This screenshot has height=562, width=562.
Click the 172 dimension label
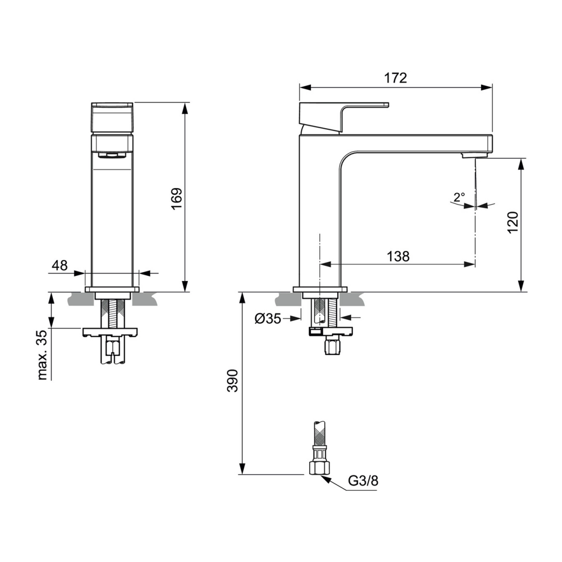395,78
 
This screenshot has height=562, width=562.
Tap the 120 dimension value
513,222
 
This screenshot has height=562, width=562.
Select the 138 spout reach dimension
398,256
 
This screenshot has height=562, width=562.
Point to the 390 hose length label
233,381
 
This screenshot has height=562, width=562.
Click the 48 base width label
60,265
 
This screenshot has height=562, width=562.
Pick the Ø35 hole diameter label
268,319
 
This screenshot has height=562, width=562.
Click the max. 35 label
42,355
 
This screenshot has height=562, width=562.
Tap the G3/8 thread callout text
363,481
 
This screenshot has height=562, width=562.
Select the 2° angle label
459,198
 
